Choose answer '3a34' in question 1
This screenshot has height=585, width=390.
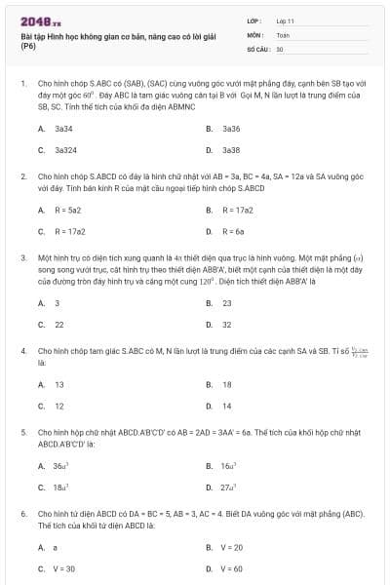tap(64, 128)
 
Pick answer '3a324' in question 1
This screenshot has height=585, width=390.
tap(66, 150)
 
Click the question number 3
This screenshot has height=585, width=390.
tap(22, 258)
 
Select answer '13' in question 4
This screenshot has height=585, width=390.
tap(59, 384)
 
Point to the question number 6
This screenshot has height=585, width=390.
tap(22, 512)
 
